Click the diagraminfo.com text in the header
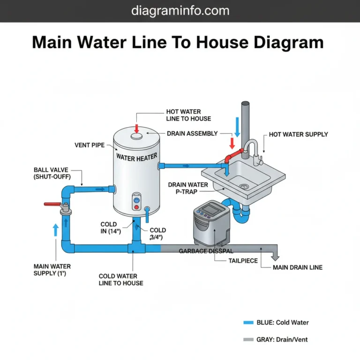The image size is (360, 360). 180,10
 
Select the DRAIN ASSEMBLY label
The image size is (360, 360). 192,134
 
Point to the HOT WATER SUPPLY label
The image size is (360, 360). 298,135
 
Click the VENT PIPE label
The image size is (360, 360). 90,145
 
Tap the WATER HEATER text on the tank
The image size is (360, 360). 136,157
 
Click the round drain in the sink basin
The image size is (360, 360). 243,186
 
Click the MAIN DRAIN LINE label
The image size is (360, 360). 297,268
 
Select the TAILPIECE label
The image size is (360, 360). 243,261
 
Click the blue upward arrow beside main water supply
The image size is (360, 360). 56,230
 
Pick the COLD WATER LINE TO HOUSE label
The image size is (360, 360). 121,279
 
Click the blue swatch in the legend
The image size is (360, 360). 248,322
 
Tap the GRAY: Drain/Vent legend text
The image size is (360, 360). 282,339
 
